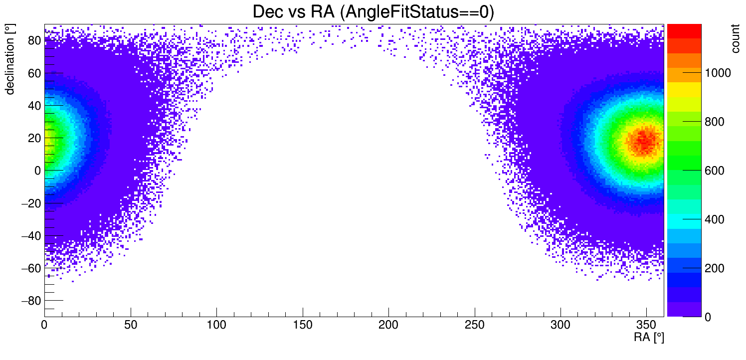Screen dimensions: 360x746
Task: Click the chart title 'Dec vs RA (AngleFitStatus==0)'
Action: point(373,12)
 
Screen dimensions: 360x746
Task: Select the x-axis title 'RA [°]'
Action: point(649,338)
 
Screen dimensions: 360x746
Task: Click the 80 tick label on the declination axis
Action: point(33,40)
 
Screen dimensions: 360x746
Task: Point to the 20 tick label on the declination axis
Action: point(33,138)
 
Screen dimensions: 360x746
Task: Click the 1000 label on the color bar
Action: point(718,73)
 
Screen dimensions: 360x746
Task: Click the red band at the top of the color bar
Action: point(684,30)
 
